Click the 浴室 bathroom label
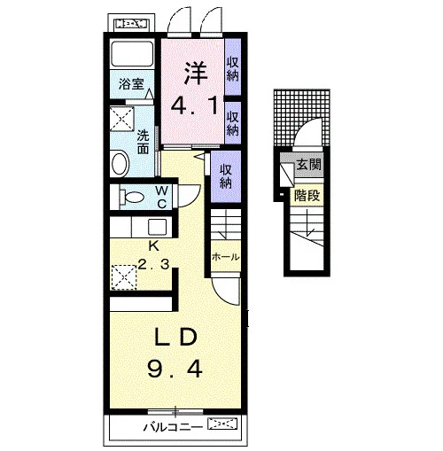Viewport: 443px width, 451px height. point(131,84)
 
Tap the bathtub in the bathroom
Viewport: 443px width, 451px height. point(132,54)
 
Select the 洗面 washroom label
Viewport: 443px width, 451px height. point(143,142)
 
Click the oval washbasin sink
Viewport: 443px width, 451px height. point(120,163)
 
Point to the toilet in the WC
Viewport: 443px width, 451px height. point(132,197)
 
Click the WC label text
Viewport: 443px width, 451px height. point(162,198)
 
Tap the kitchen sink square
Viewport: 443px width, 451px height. point(157,227)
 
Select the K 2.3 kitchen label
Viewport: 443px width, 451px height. point(153,255)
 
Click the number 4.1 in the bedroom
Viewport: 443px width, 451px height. point(195,106)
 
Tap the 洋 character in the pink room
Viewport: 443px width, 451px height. point(196,73)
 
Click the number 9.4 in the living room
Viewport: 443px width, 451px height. point(175,369)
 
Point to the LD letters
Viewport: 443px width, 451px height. point(175,337)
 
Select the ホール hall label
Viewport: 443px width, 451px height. point(225,257)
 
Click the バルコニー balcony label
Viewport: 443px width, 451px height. point(173,427)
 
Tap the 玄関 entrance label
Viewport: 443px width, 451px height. point(308,164)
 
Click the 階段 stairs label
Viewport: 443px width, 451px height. point(307,196)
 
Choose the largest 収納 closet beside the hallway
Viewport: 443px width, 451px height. point(226,176)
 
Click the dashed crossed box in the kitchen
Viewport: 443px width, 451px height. point(123,277)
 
